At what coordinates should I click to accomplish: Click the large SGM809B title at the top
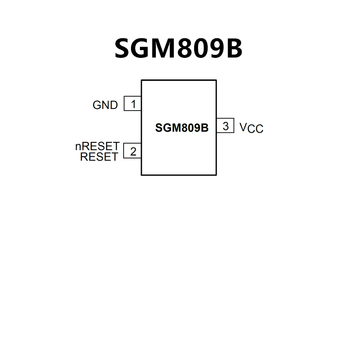pyautogui.click(x=178, y=48)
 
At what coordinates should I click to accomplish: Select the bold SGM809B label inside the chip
pyautogui.click(x=182, y=128)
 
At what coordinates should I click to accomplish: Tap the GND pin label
pyautogui.click(x=105, y=105)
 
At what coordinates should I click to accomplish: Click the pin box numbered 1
pyautogui.click(x=133, y=104)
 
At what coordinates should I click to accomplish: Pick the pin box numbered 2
pyautogui.click(x=133, y=151)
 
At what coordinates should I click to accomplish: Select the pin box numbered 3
pyautogui.click(x=225, y=126)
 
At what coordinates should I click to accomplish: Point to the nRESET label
pyautogui.click(x=97, y=147)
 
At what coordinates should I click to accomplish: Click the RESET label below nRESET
pyautogui.click(x=99, y=157)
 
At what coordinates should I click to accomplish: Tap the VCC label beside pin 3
pyautogui.click(x=251, y=128)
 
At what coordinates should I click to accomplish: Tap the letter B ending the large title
pyautogui.click(x=234, y=48)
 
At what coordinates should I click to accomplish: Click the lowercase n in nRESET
pyautogui.click(x=78, y=147)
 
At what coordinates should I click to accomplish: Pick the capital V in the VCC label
pyautogui.click(x=243, y=127)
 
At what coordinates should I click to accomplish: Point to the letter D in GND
pyautogui.click(x=114, y=105)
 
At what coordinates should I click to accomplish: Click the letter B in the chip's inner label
pyautogui.click(x=205, y=128)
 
